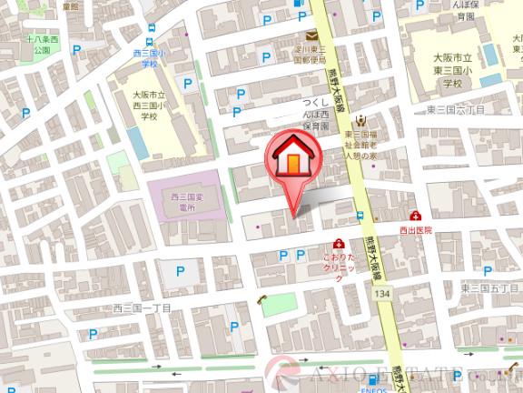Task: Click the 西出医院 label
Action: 417,231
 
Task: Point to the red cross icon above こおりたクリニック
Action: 339,244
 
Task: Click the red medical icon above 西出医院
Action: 416,217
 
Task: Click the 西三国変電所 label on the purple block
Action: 184,202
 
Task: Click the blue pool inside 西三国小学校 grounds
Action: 136,142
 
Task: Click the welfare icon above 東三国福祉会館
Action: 361,121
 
